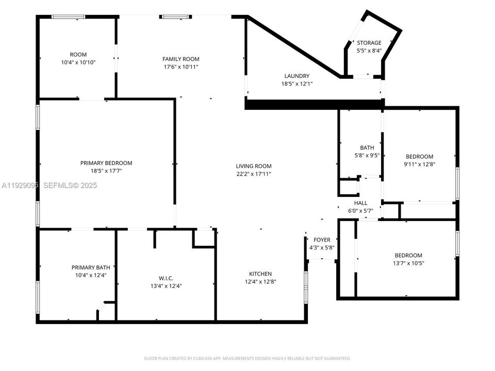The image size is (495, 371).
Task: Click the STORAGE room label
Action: point(369,43)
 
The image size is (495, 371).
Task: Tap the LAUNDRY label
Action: point(296,76)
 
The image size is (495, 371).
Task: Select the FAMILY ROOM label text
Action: point(180,59)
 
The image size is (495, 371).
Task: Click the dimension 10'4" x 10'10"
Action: point(78,62)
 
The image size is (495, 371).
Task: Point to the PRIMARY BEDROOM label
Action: point(106,163)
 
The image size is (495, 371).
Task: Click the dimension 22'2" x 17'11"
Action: point(254,174)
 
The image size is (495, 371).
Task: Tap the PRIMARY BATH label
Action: point(91,267)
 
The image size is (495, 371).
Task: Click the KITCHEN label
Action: point(260,274)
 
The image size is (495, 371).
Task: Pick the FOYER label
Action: point(322,240)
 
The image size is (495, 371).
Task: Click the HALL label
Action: point(361,203)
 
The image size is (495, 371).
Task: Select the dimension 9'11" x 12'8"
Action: point(420,165)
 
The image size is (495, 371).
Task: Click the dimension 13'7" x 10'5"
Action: point(408,263)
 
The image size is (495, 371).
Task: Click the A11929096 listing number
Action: point(20,185)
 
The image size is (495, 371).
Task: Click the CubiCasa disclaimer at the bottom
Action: point(247,358)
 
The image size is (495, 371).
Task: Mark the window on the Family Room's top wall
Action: point(175,17)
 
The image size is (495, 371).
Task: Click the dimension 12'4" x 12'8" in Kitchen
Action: point(260,282)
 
